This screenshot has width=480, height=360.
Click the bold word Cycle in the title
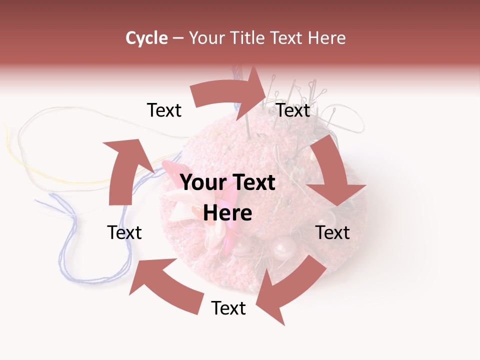point(146,38)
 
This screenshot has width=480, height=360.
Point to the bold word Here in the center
point(227,213)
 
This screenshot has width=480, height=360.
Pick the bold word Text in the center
point(252,183)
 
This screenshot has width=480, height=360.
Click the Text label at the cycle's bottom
point(228,308)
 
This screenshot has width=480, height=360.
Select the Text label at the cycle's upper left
point(164,110)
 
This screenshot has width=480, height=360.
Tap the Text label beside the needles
point(293,110)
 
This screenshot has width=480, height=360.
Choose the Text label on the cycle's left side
point(124,232)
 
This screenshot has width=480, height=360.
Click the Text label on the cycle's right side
point(332,232)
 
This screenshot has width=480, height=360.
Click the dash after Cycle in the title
point(178,38)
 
